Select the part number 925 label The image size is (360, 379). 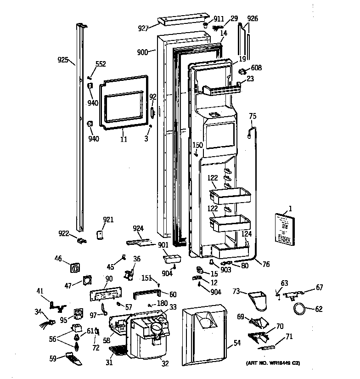tap(63, 60)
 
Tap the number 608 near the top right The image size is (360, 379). tap(256, 68)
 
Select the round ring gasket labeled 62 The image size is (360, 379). tap(299, 309)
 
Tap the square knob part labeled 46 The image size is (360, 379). tap(75, 267)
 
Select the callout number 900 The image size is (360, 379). tap(142, 52)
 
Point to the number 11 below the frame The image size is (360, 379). tap(124, 139)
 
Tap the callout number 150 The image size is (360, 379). tap(197, 146)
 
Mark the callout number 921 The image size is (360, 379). tap(108, 220)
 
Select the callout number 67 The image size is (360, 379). tap(319, 288)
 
